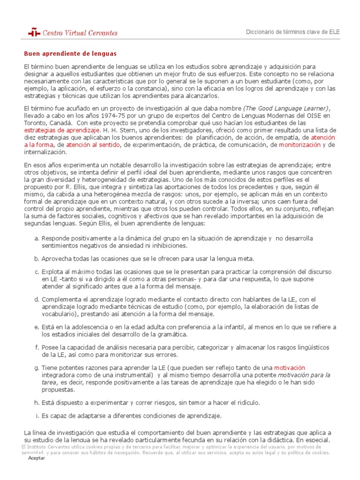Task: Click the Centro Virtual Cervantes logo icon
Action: click(x=34, y=32)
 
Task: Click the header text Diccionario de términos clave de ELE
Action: click(x=293, y=32)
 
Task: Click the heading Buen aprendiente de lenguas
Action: click(x=70, y=54)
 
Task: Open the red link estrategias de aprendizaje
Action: click(x=62, y=130)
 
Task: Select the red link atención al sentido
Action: click(x=93, y=145)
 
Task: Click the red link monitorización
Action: click(x=300, y=145)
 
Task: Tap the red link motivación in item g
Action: click(x=289, y=367)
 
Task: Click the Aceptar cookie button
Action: click(x=37, y=458)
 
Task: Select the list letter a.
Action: click(x=37, y=239)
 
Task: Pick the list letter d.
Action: click(x=37, y=299)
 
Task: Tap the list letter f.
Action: click(x=37, y=347)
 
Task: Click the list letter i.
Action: click(x=37, y=416)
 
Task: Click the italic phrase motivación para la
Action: click(x=304, y=375)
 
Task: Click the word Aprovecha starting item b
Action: click(x=58, y=259)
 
